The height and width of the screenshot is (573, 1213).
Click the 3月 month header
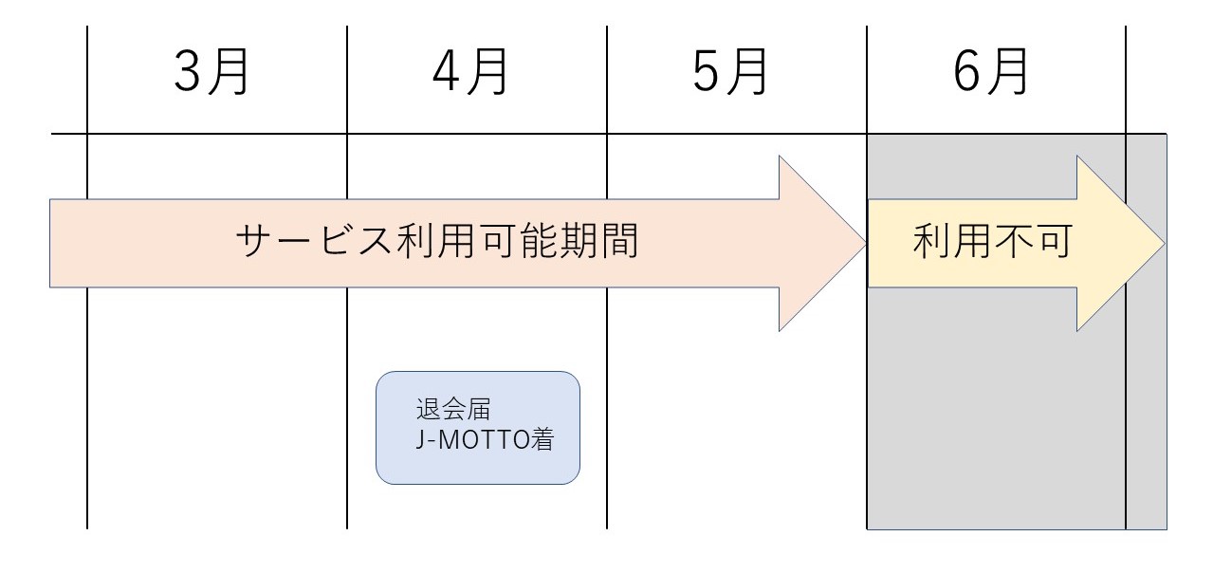point(211,74)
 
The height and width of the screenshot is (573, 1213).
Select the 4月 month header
point(470,74)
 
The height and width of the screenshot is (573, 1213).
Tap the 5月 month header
point(730,74)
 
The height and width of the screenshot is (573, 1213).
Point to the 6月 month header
point(990,74)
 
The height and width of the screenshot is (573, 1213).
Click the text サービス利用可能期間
point(436,244)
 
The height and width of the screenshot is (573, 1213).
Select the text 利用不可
point(992,244)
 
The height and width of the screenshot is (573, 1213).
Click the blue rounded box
point(478,428)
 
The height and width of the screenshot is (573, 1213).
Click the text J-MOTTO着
point(483,442)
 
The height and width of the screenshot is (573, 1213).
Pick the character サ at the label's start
point(255,244)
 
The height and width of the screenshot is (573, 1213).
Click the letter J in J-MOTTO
point(421,442)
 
